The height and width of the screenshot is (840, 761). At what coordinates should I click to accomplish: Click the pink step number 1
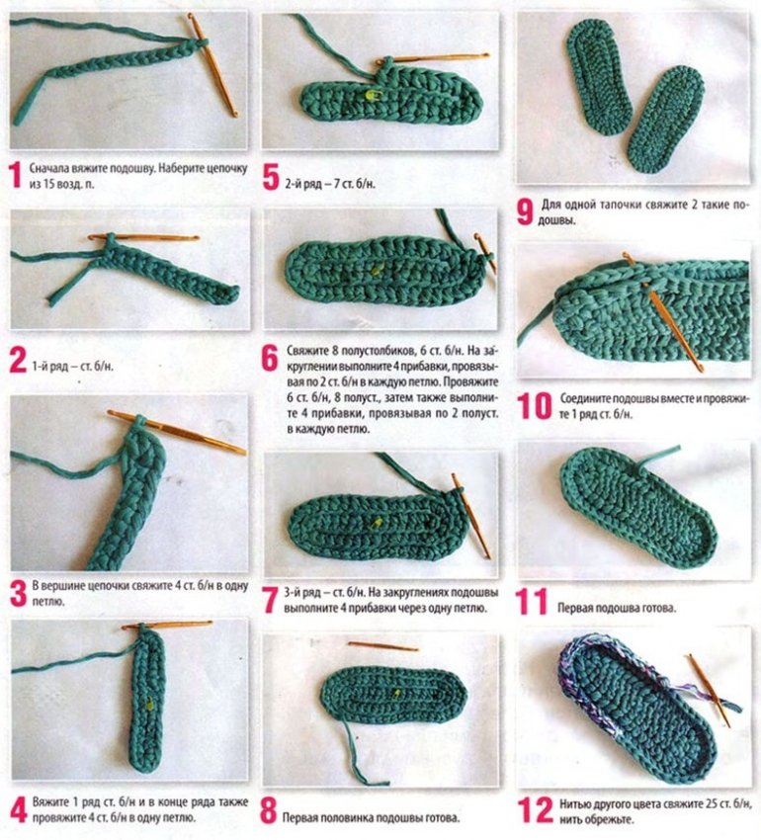[16, 176]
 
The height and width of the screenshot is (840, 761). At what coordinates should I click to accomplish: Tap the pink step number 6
[270, 359]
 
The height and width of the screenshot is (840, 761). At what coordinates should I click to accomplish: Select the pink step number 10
[535, 406]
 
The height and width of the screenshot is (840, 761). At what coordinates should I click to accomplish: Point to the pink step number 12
[535, 810]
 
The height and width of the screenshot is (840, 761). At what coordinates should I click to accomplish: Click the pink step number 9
[525, 212]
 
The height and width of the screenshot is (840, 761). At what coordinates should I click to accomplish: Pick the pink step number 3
[18, 594]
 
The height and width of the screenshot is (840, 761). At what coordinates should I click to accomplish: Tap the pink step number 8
[268, 810]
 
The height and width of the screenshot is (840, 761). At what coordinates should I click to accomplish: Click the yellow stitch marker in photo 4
[149, 704]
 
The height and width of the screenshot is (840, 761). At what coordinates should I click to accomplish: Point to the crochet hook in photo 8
[382, 646]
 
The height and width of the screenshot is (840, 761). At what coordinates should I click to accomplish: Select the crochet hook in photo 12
[709, 691]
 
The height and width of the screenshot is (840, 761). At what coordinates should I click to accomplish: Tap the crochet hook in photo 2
[144, 237]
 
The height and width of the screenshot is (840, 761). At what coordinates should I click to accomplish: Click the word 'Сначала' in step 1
[48, 168]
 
